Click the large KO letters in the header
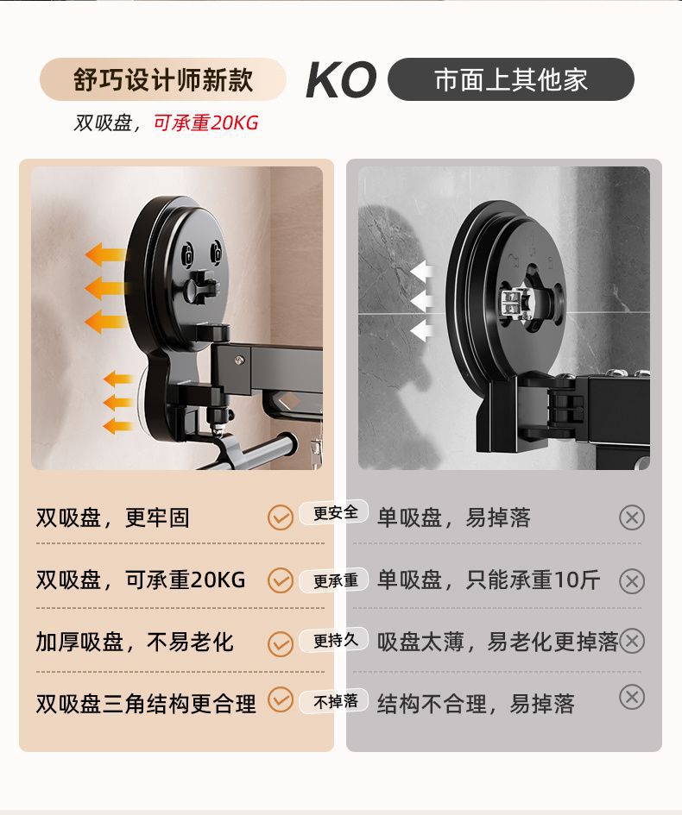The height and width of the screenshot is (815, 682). (341, 79)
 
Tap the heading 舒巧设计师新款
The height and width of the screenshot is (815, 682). (163, 79)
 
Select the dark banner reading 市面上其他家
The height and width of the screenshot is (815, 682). (511, 79)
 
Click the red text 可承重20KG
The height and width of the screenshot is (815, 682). (206, 123)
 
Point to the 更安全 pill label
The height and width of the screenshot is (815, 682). (334, 513)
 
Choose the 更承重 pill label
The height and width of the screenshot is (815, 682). (334, 580)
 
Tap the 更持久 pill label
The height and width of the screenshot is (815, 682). (334, 640)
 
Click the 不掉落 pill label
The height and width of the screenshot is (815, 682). (334, 701)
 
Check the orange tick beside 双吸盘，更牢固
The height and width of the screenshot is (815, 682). (281, 517)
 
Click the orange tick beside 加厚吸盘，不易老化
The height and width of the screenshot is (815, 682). (281, 644)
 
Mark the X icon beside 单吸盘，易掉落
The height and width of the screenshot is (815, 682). (632, 517)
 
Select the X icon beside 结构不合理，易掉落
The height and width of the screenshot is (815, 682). (632, 697)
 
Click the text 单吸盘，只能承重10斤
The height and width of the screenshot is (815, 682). (489, 580)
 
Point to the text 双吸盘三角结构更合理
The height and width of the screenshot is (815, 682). (146, 705)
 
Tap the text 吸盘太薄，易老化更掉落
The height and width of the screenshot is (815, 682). (498, 642)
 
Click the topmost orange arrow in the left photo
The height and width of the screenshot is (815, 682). (105, 254)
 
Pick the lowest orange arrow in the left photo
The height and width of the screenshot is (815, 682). (117, 427)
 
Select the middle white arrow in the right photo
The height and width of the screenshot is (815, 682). (422, 301)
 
